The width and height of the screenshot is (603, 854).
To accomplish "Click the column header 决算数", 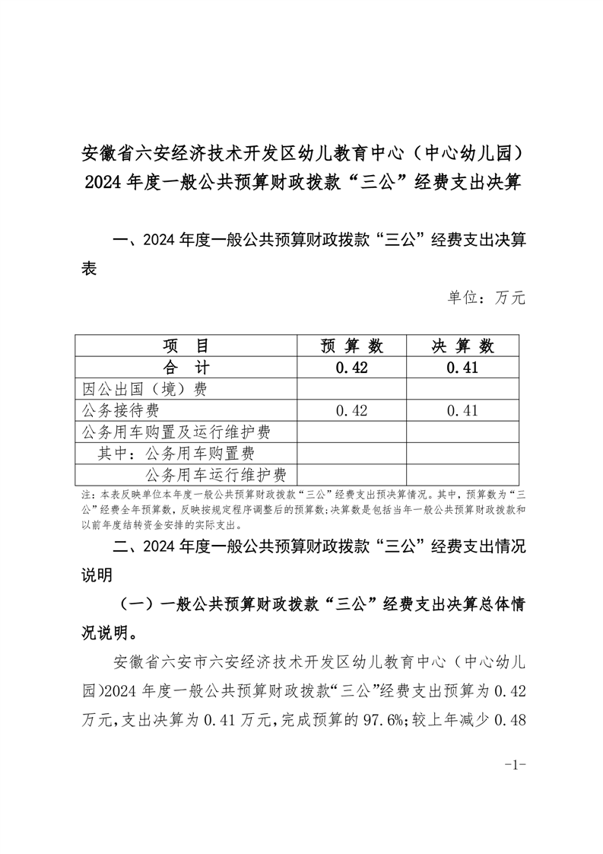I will pyautogui.click(x=463, y=346).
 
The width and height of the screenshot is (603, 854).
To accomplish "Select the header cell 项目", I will pyautogui.click(x=186, y=346).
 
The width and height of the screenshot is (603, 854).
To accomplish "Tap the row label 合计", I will pyautogui.click(x=186, y=368).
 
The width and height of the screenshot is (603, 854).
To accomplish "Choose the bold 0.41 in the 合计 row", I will pyautogui.click(x=463, y=368).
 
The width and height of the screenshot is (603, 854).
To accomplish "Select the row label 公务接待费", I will pyautogui.click(x=120, y=411).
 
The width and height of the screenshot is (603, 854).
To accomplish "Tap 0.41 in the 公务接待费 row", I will pyautogui.click(x=463, y=411).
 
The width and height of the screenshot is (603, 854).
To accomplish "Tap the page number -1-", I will pyautogui.click(x=516, y=764).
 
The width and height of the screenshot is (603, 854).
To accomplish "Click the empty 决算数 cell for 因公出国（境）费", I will pyautogui.click(x=463, y=389).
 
